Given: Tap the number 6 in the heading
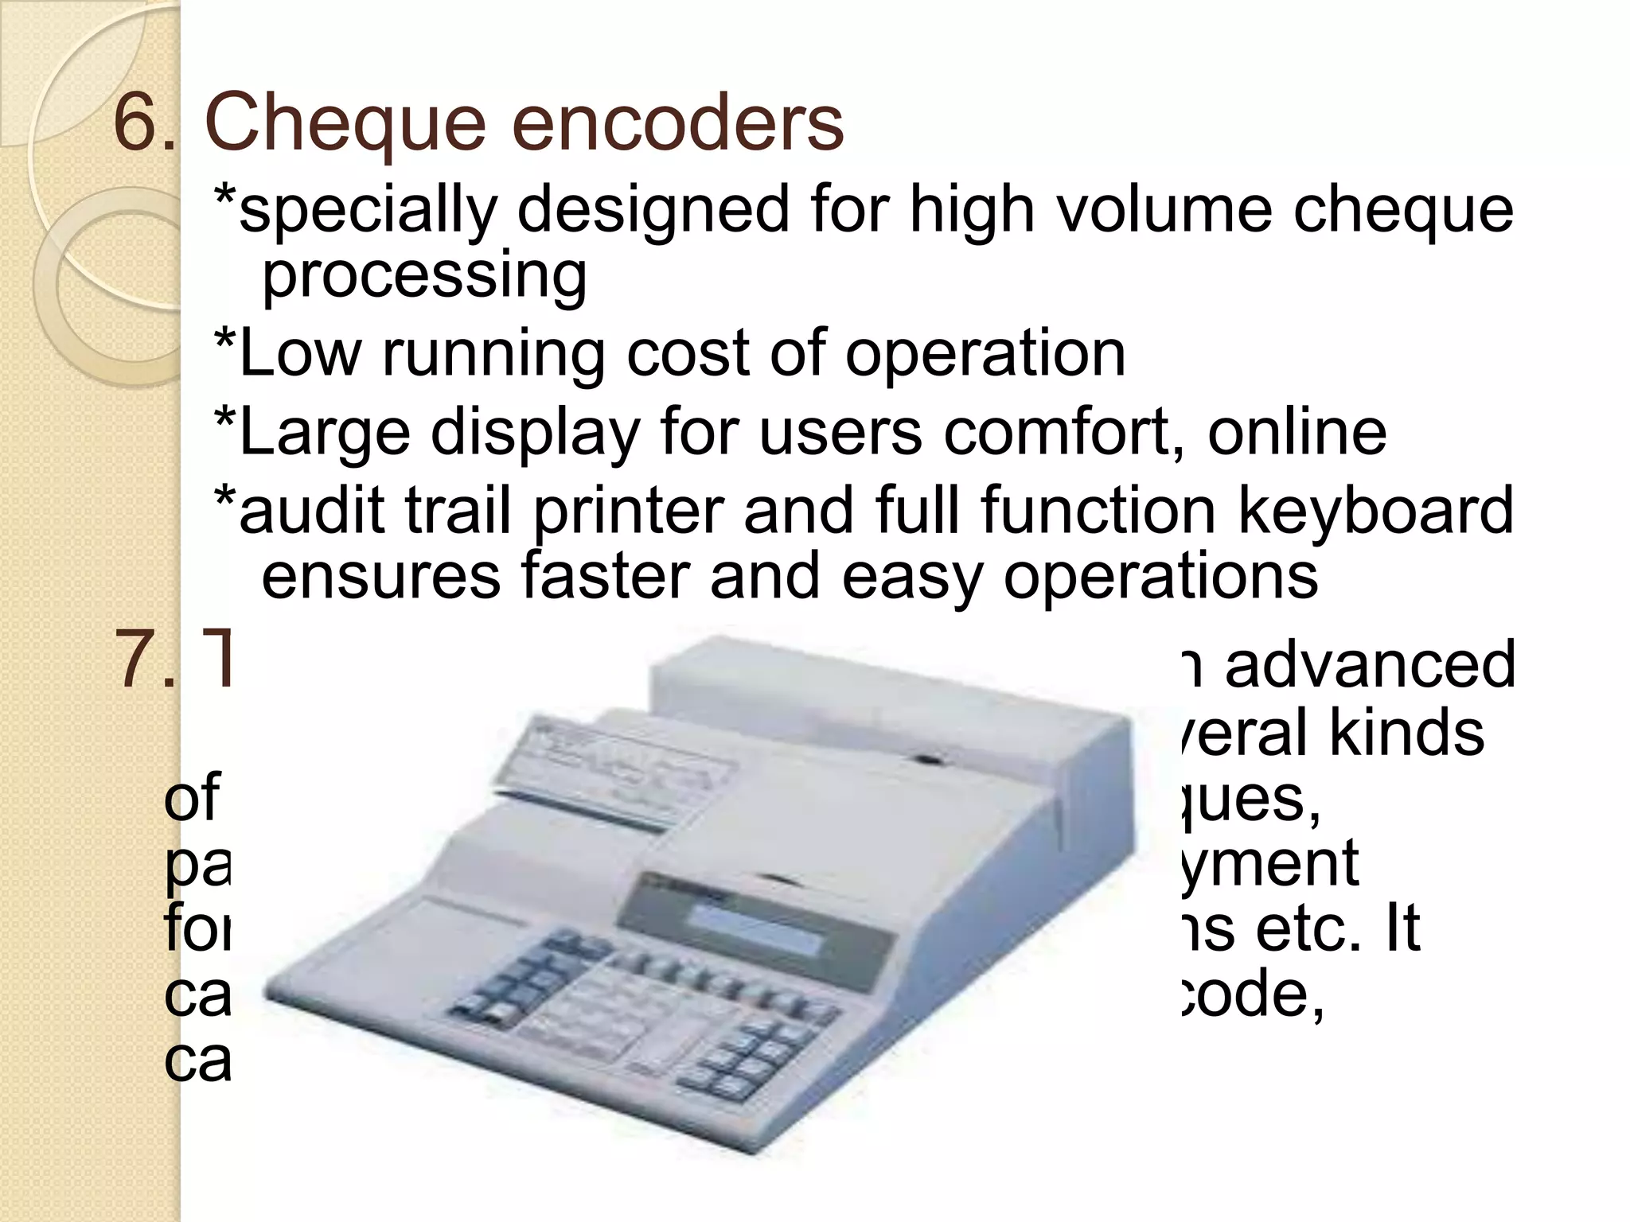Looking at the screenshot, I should coord(135,123).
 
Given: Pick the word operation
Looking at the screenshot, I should coord(985,354).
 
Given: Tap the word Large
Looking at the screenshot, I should coord(324,434).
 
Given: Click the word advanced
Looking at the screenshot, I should coord(1369,664).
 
